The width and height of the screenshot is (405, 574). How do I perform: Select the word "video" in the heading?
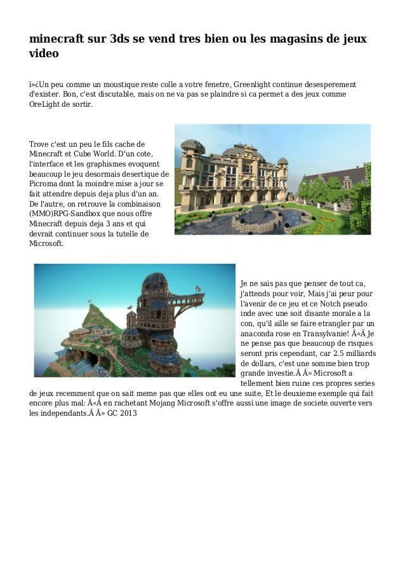44,55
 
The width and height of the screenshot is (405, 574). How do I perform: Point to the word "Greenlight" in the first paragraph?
259,85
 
